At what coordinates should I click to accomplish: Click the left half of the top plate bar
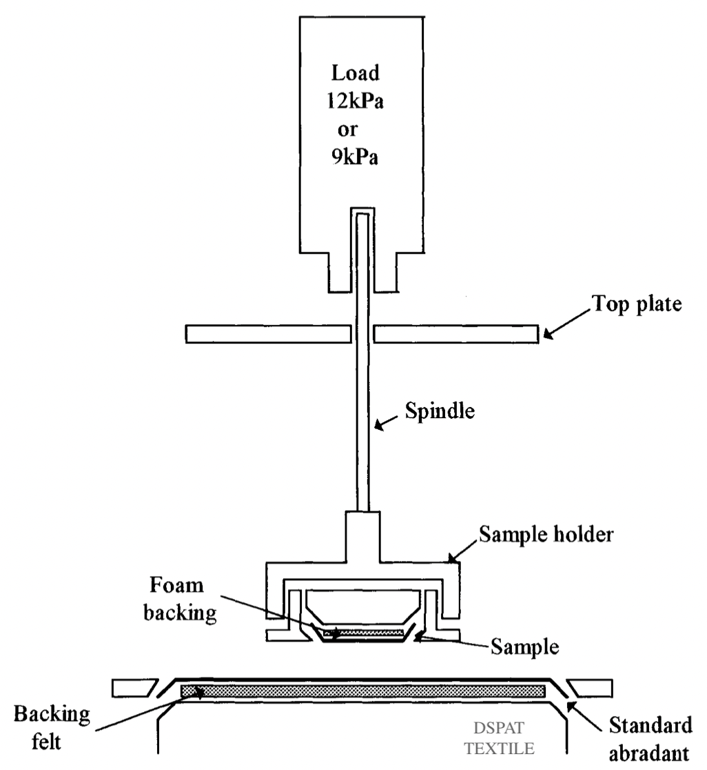[x=269, y=334]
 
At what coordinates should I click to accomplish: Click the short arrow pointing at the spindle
[x=387, y=428]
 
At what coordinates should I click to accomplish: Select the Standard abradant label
[x=651, y=740]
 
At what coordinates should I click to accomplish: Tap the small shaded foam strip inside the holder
[x=363, y=631]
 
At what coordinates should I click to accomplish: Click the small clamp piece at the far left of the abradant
[x=132, y=688]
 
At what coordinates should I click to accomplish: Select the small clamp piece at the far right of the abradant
[x=592, y=688]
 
